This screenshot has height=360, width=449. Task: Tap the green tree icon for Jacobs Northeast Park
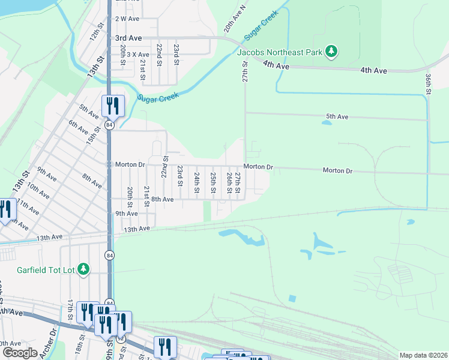[330, 52]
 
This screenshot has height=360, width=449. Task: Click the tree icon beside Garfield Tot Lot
[85, 270]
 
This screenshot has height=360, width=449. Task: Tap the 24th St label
[197, 183]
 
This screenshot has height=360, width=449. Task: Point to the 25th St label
[213, 183]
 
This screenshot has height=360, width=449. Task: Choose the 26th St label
[229, 183]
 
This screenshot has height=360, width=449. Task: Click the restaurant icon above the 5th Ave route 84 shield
[113, 106]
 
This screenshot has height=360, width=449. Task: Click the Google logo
[19, 353]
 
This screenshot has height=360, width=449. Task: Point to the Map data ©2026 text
[423, 355]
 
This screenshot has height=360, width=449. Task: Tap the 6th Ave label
[79, 127]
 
